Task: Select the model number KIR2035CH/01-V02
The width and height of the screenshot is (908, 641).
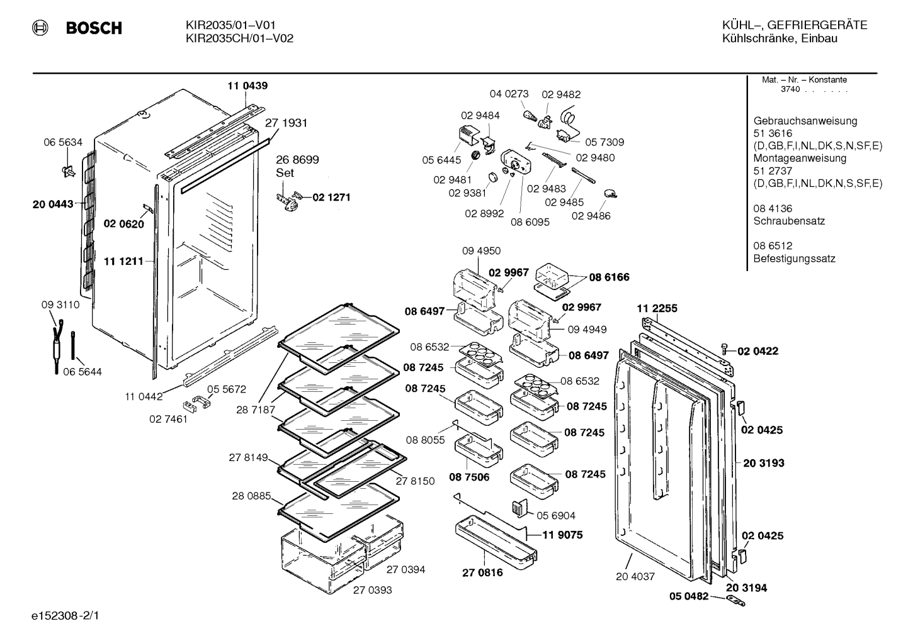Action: coord(239,38)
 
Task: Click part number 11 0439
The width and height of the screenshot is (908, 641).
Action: coord(247,86)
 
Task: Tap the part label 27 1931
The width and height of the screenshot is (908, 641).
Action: coord(286,123)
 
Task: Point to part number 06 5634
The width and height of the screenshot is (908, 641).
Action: coord(63,142)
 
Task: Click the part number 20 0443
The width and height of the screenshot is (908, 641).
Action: coord(53,204)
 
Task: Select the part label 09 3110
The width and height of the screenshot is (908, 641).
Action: coord(60,305)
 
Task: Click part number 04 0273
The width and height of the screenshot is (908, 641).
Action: coord(509,94)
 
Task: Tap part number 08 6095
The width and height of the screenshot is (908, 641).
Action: coord(530,221)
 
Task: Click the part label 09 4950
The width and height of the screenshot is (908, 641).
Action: coord(481,250)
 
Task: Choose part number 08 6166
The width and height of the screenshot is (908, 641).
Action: coord(609,277)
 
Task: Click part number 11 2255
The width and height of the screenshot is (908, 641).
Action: coord(657,308)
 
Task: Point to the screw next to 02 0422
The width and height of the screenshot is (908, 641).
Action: coord(725,349)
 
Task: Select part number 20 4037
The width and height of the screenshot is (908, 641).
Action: coord(635,576)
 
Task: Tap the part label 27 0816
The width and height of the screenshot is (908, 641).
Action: coord(482,572)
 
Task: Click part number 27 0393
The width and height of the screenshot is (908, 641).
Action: coord(372,590)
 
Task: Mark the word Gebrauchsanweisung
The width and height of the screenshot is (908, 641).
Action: coord(805,121)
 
